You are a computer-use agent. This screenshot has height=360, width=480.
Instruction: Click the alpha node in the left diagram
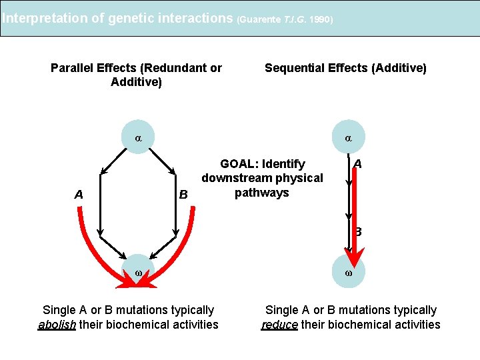[138, 138]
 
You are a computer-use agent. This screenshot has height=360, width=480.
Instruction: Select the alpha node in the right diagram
[349, 138]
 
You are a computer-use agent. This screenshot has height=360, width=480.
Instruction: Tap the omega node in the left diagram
[138, 273]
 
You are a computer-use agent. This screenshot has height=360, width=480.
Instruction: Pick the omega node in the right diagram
[349, 273]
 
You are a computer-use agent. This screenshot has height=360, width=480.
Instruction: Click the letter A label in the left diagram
[79, 195]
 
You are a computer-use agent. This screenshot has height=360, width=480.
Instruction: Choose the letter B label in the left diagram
[184, 195]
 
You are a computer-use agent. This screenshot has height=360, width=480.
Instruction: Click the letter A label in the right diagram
[358, 164]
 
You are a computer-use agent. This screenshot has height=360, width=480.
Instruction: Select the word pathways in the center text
[261, 193]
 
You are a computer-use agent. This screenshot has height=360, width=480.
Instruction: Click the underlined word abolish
[57, 325]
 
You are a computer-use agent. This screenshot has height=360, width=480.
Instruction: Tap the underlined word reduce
[279, 325]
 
